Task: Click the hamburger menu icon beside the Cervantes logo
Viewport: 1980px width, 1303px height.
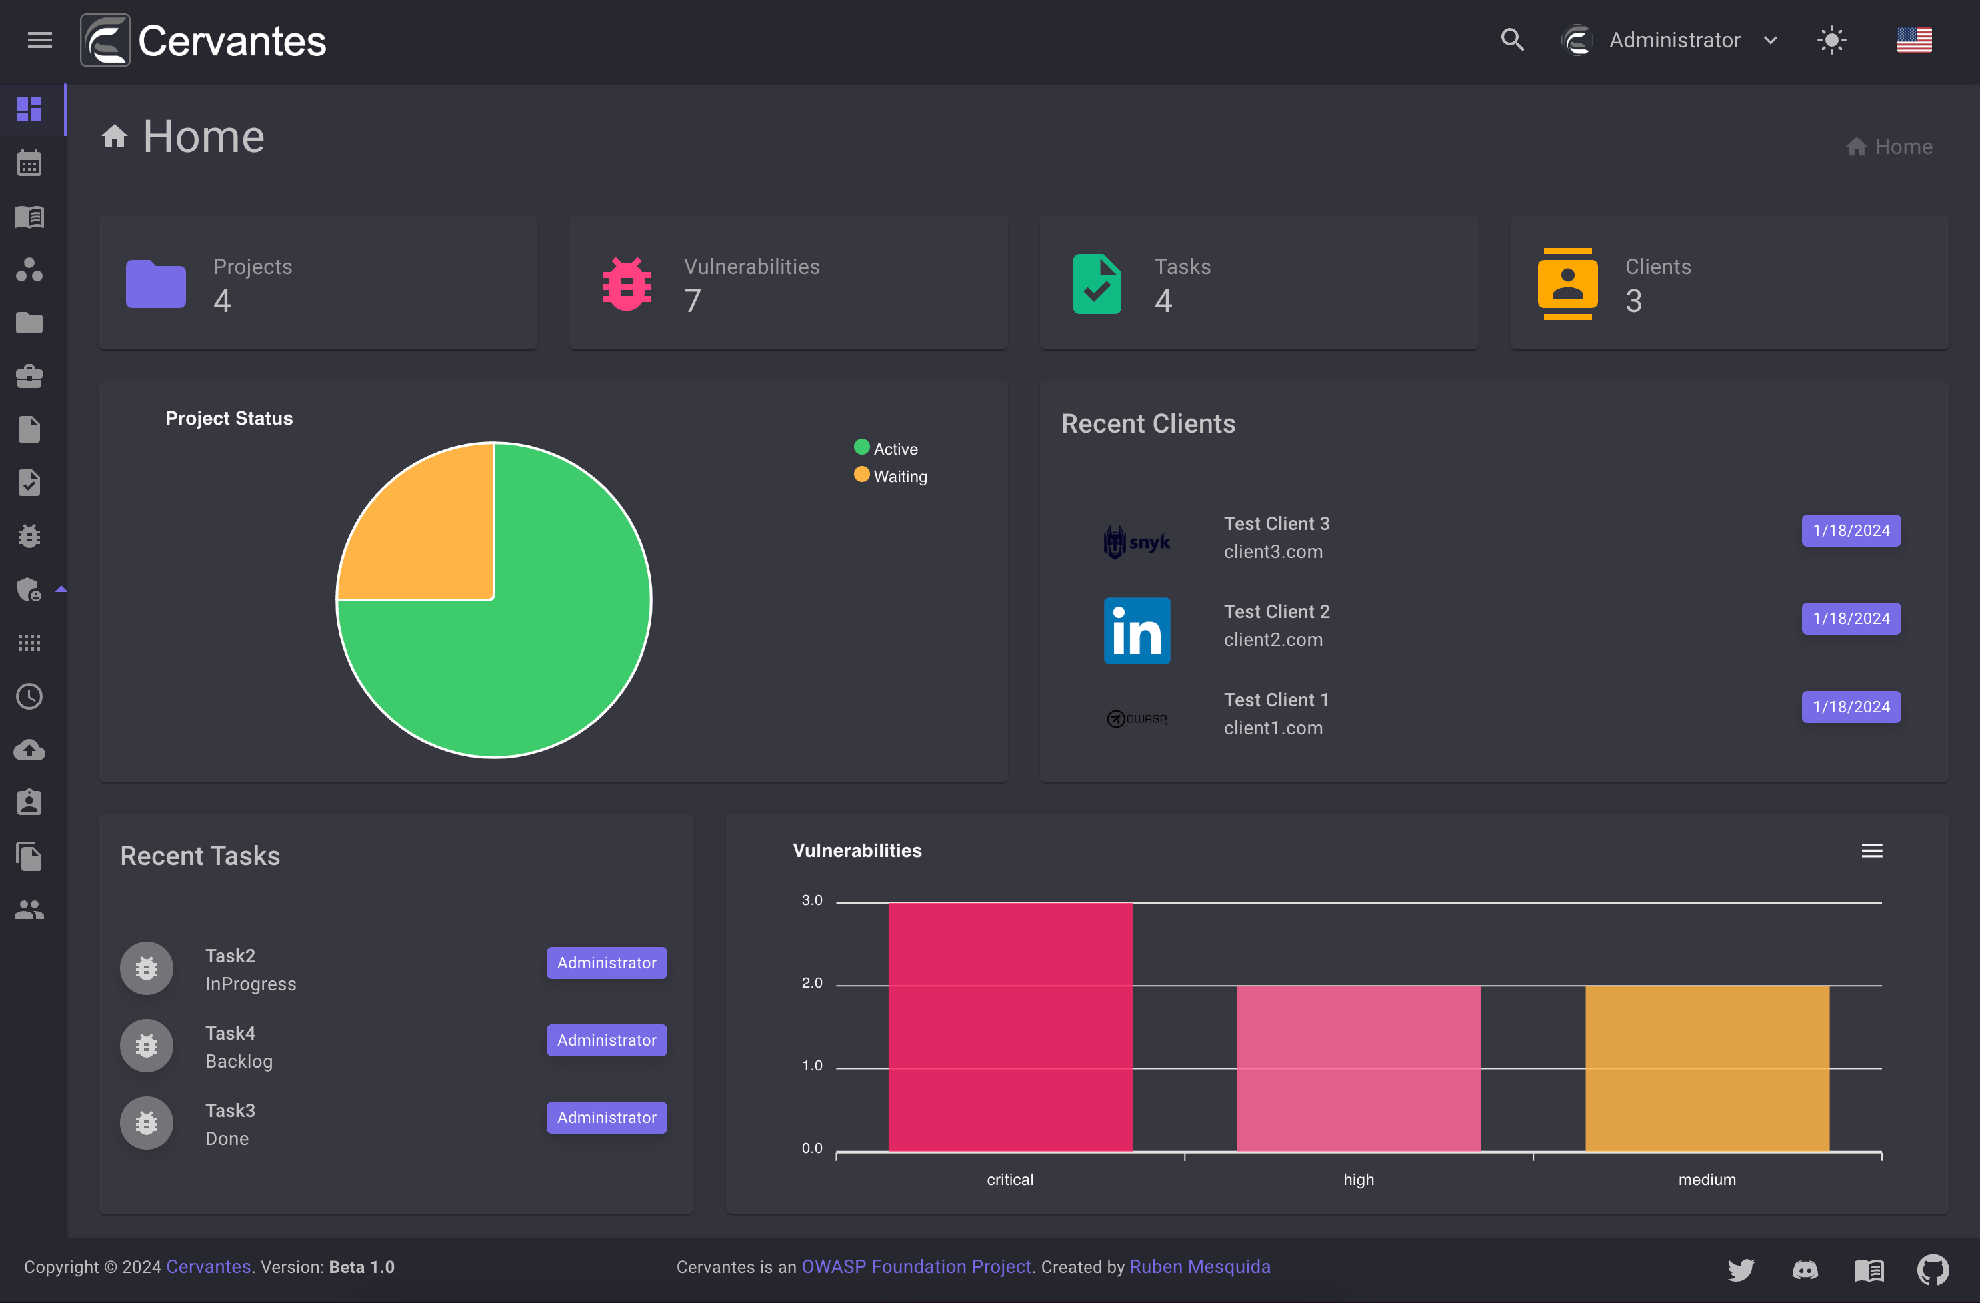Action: (40, 40)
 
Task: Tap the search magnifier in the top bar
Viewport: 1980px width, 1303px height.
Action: (1511, 40)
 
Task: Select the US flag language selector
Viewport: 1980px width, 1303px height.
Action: (1913, 40)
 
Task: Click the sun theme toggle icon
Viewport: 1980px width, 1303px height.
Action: (1831, 40)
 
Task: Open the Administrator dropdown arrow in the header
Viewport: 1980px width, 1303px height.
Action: (1771, 41)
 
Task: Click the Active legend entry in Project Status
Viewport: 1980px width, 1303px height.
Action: (886, 449)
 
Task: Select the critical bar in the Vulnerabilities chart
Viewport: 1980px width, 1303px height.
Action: (1010, 1027)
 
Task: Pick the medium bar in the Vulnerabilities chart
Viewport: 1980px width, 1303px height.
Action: (1707, 1068)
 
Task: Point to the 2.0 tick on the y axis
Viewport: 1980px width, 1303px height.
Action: (812, 983)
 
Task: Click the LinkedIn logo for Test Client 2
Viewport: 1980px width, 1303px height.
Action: (1137, 630)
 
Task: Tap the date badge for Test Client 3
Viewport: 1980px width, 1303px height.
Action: (1851, 531)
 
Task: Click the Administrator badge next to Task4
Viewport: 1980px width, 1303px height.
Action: (607, 1040)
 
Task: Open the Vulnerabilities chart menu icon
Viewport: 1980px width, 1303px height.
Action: (1872, 850)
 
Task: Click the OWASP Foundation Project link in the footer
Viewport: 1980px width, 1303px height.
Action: (916, 1266)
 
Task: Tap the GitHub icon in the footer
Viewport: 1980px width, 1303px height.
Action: (1933, 1269)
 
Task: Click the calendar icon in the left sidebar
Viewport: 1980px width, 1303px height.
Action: (29, 163)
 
